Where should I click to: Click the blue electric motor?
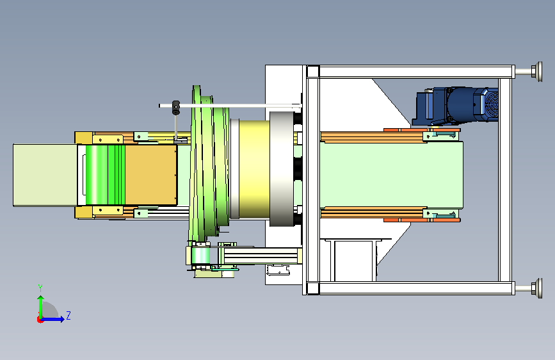[x=456, y=106]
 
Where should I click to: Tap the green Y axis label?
[x=40, y=288]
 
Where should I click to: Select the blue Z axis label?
[x=68, y=315]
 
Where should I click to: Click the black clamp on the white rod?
[x=175, y=108]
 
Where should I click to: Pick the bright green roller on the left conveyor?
[x=105, y=175]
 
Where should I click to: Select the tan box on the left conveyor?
[x=151, y=175]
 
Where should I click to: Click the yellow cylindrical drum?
[x=254, y=169]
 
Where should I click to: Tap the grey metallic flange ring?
[x=282, y=169]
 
